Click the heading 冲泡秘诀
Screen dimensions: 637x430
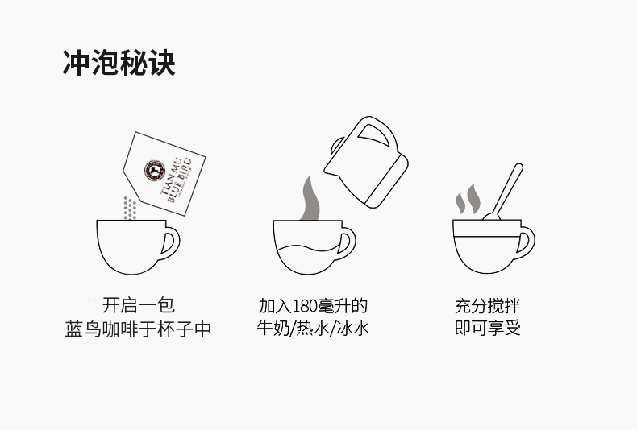pyautogui.click(x=119, y=63)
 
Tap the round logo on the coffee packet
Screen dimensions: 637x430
pyautogui.click(x=152, y=169)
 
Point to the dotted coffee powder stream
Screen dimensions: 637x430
pyautogui.click(x=127, y=207)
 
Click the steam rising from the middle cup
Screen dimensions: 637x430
pyautogui.click(x=307, y=197)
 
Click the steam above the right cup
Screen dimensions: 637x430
pyautogui.click(x=467, y=197)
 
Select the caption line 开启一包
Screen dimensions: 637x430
pyautogui.click(x=138, y=306)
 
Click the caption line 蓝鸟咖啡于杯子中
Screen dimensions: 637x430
pyautogui.click(x=138, y=330)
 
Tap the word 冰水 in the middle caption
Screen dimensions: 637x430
pyautogui.click(x=352, y=329)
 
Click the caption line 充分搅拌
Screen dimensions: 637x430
pyautogui.click(x=487, y=306)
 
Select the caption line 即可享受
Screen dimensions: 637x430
pyautogui.click(x=487, y=329)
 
